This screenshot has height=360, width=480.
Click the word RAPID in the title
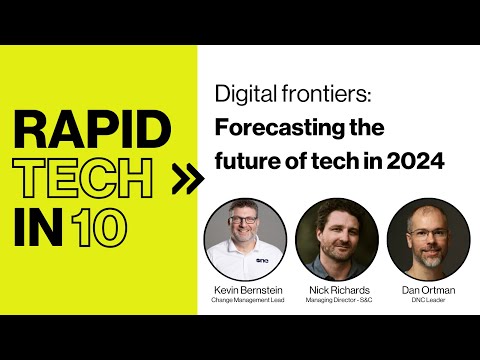click(x=93, y=132)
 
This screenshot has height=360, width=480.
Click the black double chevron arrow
click(x=184, y=180)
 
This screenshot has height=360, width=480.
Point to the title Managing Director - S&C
click(x=336, y=299)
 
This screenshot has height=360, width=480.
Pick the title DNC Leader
click(x=428, y=299)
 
